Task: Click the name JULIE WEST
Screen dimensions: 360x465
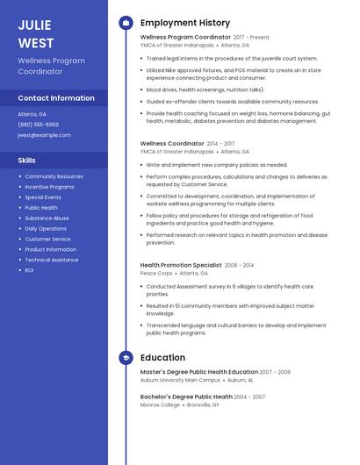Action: [x=36, y=34]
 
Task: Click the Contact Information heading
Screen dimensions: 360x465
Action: [x=56, y=98]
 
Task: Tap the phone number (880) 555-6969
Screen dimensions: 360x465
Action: [x=39, y=125]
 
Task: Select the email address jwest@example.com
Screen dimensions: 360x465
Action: [x=44, y=135]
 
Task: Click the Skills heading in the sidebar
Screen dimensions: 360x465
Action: [x=27, y=161]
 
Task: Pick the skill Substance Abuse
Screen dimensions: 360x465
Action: [x=47, y=218]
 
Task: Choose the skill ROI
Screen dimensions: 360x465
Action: [x=29, y=270]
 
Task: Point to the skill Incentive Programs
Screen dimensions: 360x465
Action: [x=49, y=187]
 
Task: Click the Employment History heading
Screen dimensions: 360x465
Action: [x=184, y=23]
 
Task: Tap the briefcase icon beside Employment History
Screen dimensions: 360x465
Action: [x=126, y=23]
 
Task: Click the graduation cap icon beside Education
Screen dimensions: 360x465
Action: [x=126, y=358]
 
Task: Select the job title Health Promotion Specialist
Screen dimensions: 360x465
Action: [x=181, y=265]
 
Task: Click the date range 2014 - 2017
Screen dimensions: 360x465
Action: [x=221, y=143]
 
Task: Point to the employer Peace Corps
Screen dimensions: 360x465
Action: [x=156, y=273]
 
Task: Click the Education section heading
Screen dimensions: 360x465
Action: [x=162, y=358]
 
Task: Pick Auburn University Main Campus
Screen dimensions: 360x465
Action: [x=180, y=380]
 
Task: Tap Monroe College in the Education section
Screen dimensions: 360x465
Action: [x=161, y=404]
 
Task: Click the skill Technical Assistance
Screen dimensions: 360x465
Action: [x=52, y=260]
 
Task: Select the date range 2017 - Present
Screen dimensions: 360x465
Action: [x=251, y=38]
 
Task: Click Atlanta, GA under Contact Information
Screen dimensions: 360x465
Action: [x=32, y=114]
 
